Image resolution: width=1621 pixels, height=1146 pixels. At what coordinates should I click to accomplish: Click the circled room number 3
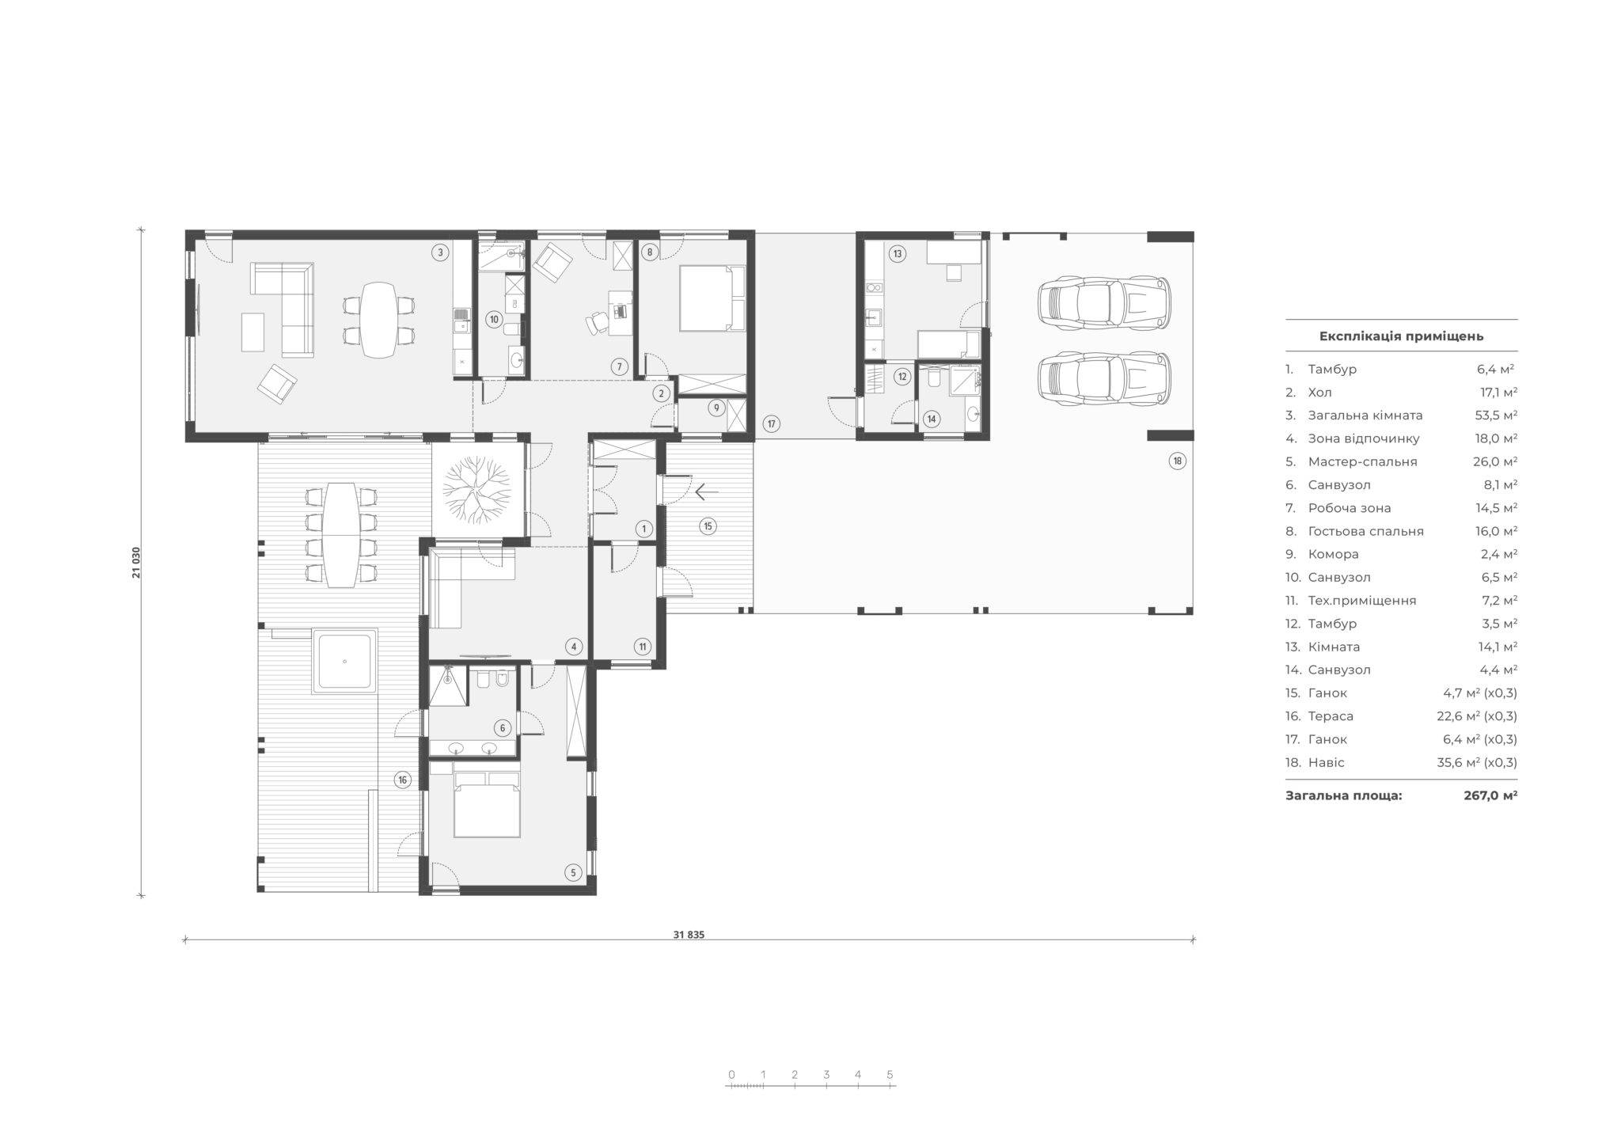pos(440,253)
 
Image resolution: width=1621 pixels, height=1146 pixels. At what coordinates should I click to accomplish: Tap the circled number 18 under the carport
pos(1178,461)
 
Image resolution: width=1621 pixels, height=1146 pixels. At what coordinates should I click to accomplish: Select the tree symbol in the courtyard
pos(478,491)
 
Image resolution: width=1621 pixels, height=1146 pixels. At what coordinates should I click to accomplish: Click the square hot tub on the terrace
pos(345,662)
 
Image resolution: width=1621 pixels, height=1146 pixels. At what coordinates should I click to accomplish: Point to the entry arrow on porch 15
pos(707,492)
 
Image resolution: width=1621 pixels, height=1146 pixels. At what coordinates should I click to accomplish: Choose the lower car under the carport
pos(1103,380)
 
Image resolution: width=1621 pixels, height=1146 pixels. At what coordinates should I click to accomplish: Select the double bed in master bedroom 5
pos(488,803)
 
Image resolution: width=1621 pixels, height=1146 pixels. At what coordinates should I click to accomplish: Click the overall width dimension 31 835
pos(689,934)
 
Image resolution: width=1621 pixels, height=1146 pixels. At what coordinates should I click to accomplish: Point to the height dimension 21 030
pos(137,561)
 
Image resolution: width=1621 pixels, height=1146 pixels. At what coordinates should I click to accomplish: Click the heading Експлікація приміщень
pos(1401,336)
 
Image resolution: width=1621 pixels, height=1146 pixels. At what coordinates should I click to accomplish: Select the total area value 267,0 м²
pos(1490,795)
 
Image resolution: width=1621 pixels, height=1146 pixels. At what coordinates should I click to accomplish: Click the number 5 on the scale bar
pos(890,1075)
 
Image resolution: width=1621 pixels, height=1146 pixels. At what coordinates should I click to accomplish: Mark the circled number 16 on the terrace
pos(403,780)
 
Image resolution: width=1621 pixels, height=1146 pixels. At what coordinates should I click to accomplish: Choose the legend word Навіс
pos(1326,763)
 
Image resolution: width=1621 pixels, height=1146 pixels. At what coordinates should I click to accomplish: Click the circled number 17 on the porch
pos(772,424)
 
